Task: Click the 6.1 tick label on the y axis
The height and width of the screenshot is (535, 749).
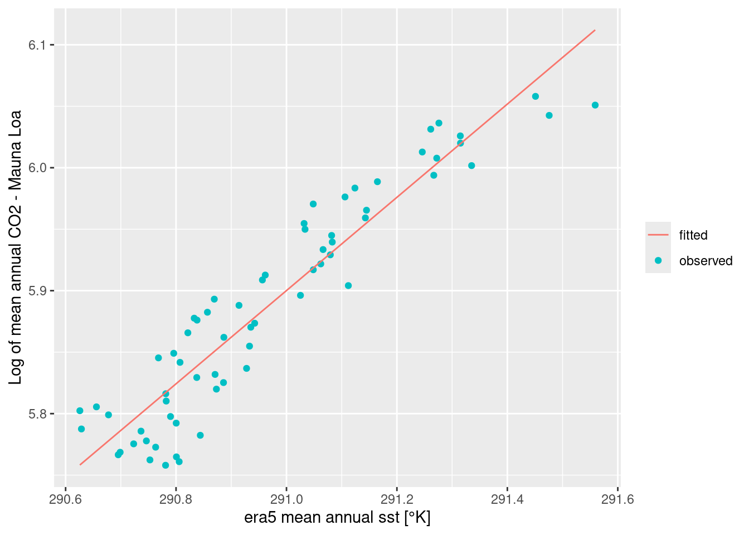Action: click(x=37, y=45)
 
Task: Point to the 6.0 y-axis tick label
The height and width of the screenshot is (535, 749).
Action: click(x=37, y=168)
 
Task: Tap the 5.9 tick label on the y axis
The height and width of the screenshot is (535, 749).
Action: click(x=37, y=291)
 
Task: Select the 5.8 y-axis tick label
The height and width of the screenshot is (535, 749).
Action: click(x=37, y=414)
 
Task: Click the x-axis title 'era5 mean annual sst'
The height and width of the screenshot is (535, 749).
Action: click(x=337, y=518)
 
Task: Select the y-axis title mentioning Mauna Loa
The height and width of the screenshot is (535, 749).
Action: click(x=16, y=247)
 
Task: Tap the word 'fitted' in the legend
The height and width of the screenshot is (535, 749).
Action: click(x=693, y=235)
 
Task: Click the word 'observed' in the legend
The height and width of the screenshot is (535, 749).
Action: click(x=706, y=261)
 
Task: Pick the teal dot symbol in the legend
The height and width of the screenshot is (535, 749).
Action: click(x=658, y=261)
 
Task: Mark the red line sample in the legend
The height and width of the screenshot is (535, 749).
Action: click(x=658, y=235)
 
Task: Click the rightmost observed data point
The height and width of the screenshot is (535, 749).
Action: click(x=595, y=105)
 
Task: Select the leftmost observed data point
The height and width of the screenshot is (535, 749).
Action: click(x=80, y=411)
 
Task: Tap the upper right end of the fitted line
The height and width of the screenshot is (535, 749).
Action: click(x=595, y=30)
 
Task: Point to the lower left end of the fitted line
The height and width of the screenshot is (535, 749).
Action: click(x=80, y=464)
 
